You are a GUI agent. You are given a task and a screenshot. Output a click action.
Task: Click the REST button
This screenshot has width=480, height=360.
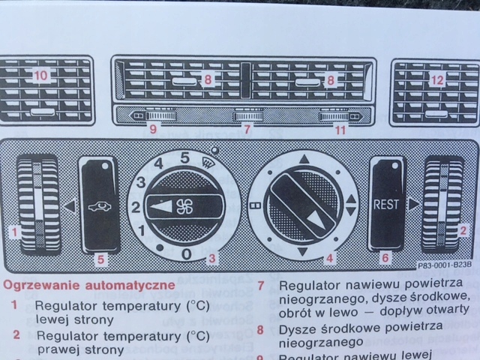[388, 203]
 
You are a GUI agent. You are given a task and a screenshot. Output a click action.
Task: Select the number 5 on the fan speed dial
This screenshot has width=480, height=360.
[184, 157]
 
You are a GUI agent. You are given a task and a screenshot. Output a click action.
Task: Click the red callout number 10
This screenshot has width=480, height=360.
[39, 74]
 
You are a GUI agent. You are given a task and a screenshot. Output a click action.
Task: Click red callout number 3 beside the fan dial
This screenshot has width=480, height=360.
[213, 259]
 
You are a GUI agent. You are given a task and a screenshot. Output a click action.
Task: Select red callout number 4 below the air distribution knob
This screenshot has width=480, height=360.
[328, 259]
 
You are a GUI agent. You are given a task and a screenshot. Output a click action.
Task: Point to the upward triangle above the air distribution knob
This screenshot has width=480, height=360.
[303, 158]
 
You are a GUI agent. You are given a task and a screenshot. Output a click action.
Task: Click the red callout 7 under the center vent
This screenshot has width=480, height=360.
[244, 129]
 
